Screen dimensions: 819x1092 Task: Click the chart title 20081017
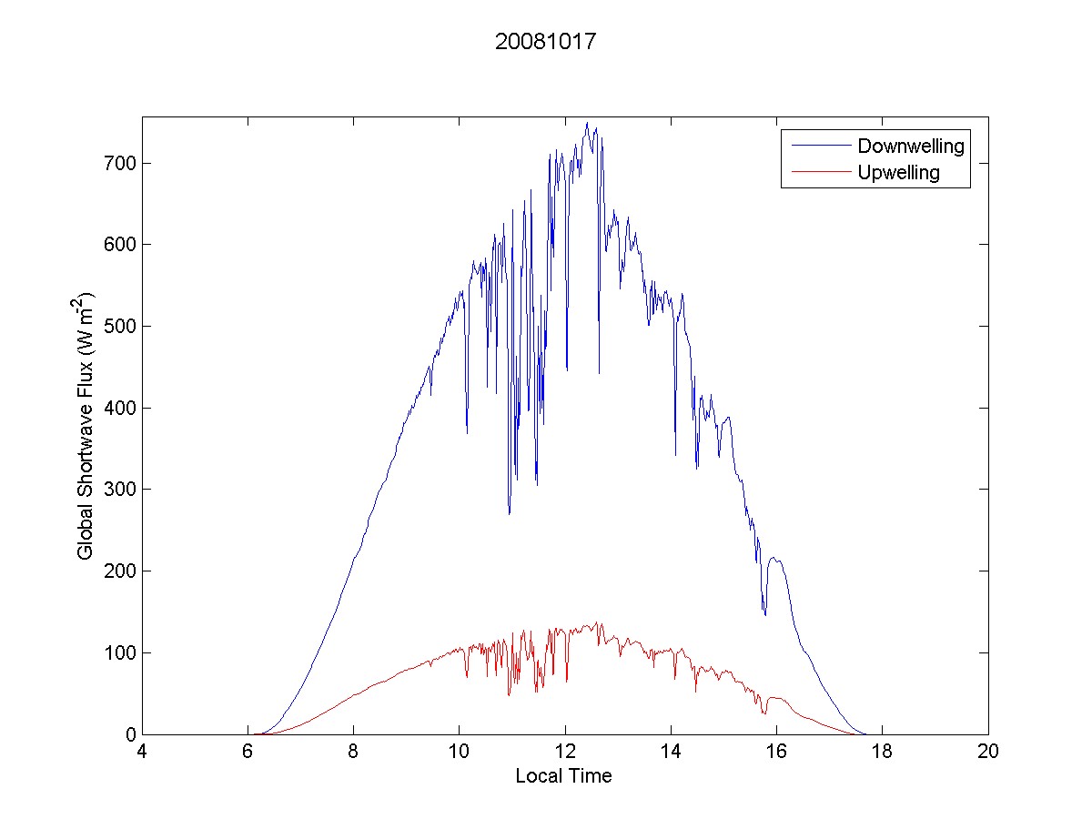(x=545, y=42)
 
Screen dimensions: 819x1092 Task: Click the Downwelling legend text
(x=910, y=146)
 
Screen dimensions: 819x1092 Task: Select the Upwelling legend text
(x=898, y=172)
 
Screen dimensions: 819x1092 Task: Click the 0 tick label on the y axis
(x=131, y=734)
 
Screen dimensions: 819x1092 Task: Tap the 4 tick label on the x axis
(x=142, y=753)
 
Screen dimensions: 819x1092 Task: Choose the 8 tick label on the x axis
(x=353, y=753)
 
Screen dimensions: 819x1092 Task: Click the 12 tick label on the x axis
(x=565, y=753)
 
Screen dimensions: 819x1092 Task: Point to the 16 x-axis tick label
(x=776, y=753)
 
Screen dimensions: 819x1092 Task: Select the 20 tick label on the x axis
(x=988, y=753)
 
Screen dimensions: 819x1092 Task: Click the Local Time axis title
(x=563, y=776)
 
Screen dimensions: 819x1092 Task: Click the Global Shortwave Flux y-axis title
(x=86, y=426)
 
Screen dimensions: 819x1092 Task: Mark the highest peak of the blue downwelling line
(x=587, y=123)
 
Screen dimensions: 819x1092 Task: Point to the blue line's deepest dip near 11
(x=510, y=513)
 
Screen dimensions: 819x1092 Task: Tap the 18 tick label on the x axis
(x=883, y=753)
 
